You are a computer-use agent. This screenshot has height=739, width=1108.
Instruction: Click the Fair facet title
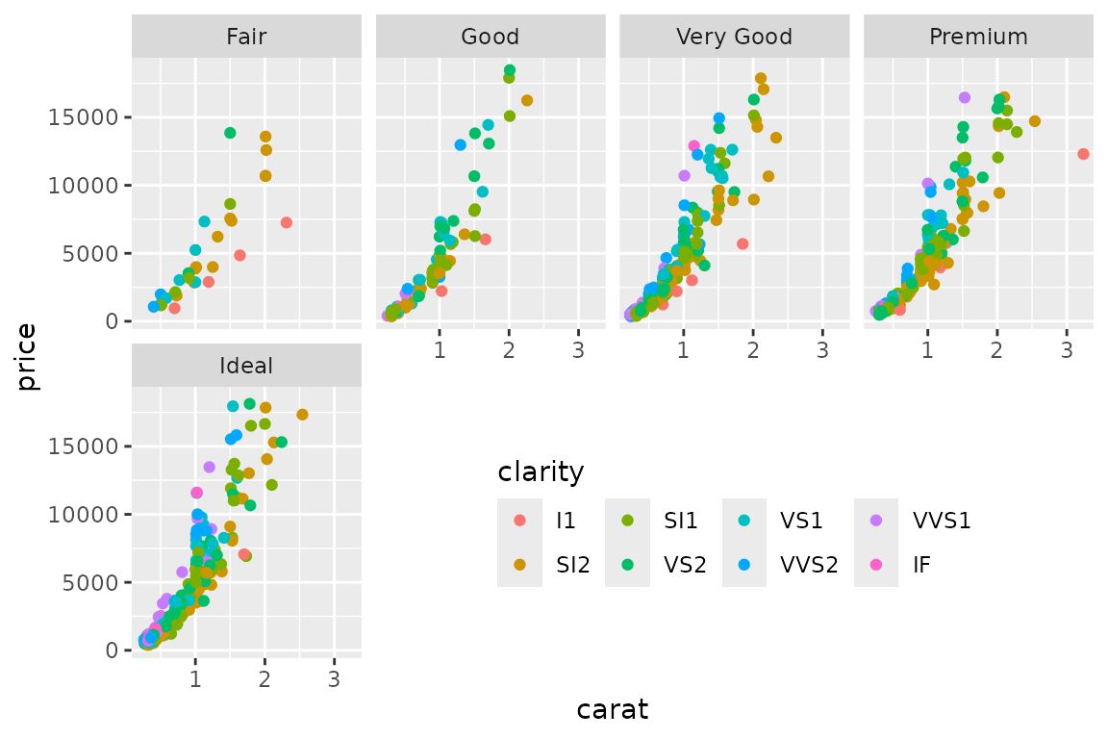click(246, 38)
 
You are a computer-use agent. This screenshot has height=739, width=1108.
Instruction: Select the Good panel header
click(491, 38)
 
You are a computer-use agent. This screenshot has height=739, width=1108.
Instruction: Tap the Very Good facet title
click(734, 38)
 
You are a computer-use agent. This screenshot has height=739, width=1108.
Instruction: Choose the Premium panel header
click(978, 38)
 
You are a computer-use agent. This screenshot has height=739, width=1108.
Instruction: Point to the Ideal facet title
click(246, 367)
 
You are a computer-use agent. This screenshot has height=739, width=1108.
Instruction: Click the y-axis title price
click(27, 357)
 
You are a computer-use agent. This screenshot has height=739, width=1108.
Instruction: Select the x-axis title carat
click(613, 710)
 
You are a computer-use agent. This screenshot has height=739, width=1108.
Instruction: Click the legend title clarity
click(541, 472)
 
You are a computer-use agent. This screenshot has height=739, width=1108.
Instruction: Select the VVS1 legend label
click(942, 521)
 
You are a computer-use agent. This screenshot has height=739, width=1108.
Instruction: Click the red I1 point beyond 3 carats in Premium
click(1083, 154)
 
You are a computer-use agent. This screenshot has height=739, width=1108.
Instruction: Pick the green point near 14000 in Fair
click(230, 133)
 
